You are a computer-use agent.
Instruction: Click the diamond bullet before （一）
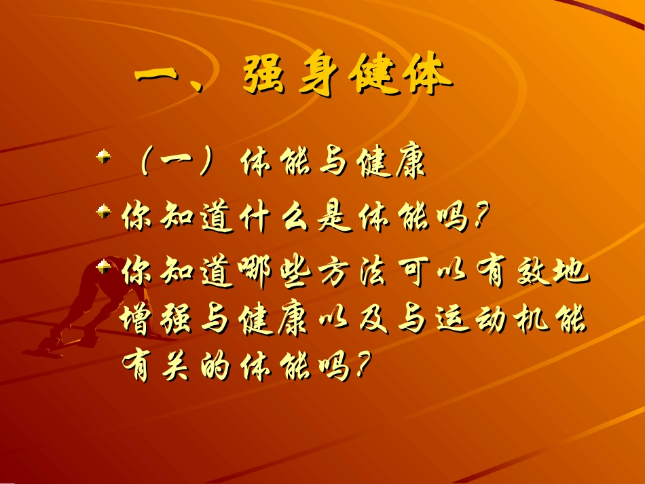coord(103,158)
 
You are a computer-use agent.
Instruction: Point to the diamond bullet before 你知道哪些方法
coord(103,267)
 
